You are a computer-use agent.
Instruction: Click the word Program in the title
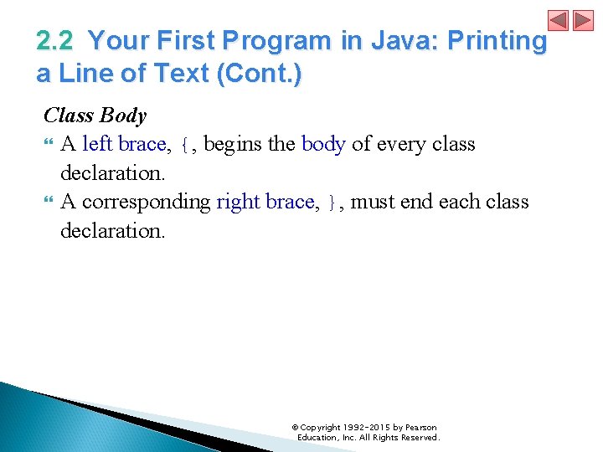click(x=287, y=41)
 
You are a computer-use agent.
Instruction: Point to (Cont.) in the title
click(x=260, y=74)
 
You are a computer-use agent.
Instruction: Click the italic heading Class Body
click(x=95, y=116)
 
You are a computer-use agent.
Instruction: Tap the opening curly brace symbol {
click(x=185, y=145)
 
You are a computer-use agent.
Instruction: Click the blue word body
click(x=323, y=144)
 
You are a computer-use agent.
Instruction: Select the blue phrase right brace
click(x=267, y=202)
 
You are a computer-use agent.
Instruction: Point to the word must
click(x=373, y=202)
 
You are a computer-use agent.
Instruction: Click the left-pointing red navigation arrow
click(x=559, y=20)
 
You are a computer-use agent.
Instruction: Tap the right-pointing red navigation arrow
click(x=583, y=20)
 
